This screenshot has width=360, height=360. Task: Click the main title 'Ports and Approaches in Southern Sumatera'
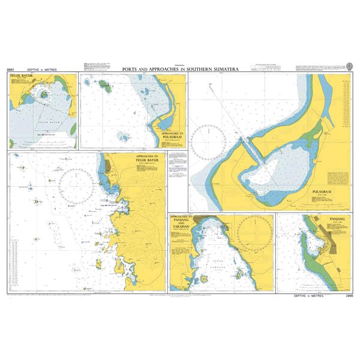[x=180, y=70]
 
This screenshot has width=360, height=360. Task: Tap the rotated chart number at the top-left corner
[x=10, y=70]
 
